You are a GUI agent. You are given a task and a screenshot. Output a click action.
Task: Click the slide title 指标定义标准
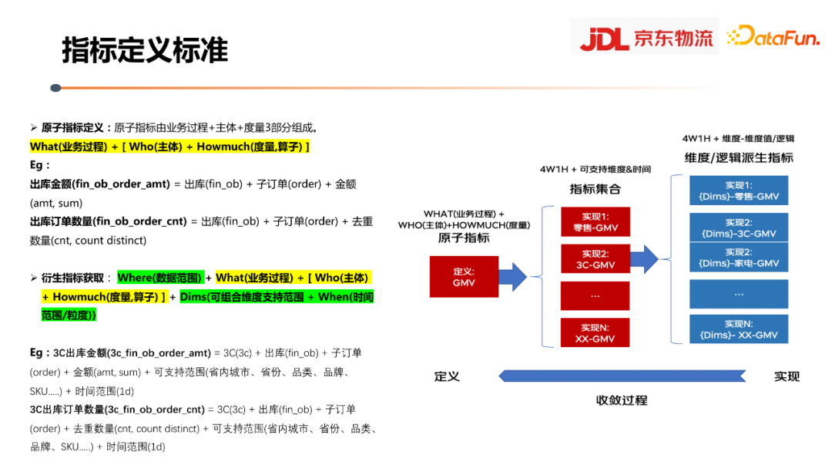pyautogui.click(x=145, y=50)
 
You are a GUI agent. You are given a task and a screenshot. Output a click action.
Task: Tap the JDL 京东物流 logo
pyautogui.click(x=646, y=37)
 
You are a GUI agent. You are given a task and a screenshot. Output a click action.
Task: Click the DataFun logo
pyautogui.click(x=773, y=36)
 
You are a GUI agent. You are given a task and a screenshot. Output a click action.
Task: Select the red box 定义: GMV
pyautogui.click(x=464, y=277)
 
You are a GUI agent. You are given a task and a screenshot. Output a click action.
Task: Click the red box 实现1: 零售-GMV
pyautogui.click(x=595, y=222)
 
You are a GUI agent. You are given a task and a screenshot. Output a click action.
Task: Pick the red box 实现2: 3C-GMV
pyautogui.click(x=595, y=258)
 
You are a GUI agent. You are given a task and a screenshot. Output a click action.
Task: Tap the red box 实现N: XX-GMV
pyautogui.click(x=595, y=332)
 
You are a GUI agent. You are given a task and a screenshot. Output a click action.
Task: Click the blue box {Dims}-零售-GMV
pyautogui.click(x=739, y=191)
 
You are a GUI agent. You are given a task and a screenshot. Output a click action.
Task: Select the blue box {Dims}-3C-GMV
pyautogui.click(x=739, y=228)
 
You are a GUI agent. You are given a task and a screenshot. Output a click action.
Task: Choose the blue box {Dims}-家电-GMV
pyautogui.click(x=739, y=257)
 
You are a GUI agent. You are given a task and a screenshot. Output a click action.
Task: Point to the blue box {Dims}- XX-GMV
pyautogui.click(x=739, y=329)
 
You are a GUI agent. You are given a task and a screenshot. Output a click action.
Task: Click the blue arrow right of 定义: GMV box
pyautogui.click(x=512, y=277)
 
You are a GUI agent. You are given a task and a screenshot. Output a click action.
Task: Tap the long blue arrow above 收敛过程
pyautogui.click(x=622, y=376)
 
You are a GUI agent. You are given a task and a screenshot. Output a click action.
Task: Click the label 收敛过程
pyautogui.click(x=622, y=400)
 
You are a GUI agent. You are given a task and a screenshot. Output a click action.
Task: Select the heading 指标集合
pyautogui.click(x=595, y=189)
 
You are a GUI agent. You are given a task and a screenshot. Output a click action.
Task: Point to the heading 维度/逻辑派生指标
pyautogui.click(x=739, y=158)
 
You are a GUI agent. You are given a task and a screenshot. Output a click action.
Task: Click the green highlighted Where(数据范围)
pyautogui.click(x=159, y=278)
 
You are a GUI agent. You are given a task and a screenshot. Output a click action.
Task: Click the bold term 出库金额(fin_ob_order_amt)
pyautogui.click(x=99, y=184)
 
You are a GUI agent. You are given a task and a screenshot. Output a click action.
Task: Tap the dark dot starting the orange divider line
pyautogui.click(x=55, y=88)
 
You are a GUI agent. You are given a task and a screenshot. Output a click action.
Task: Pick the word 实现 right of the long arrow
pyautogui.click(x=787, y=376)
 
